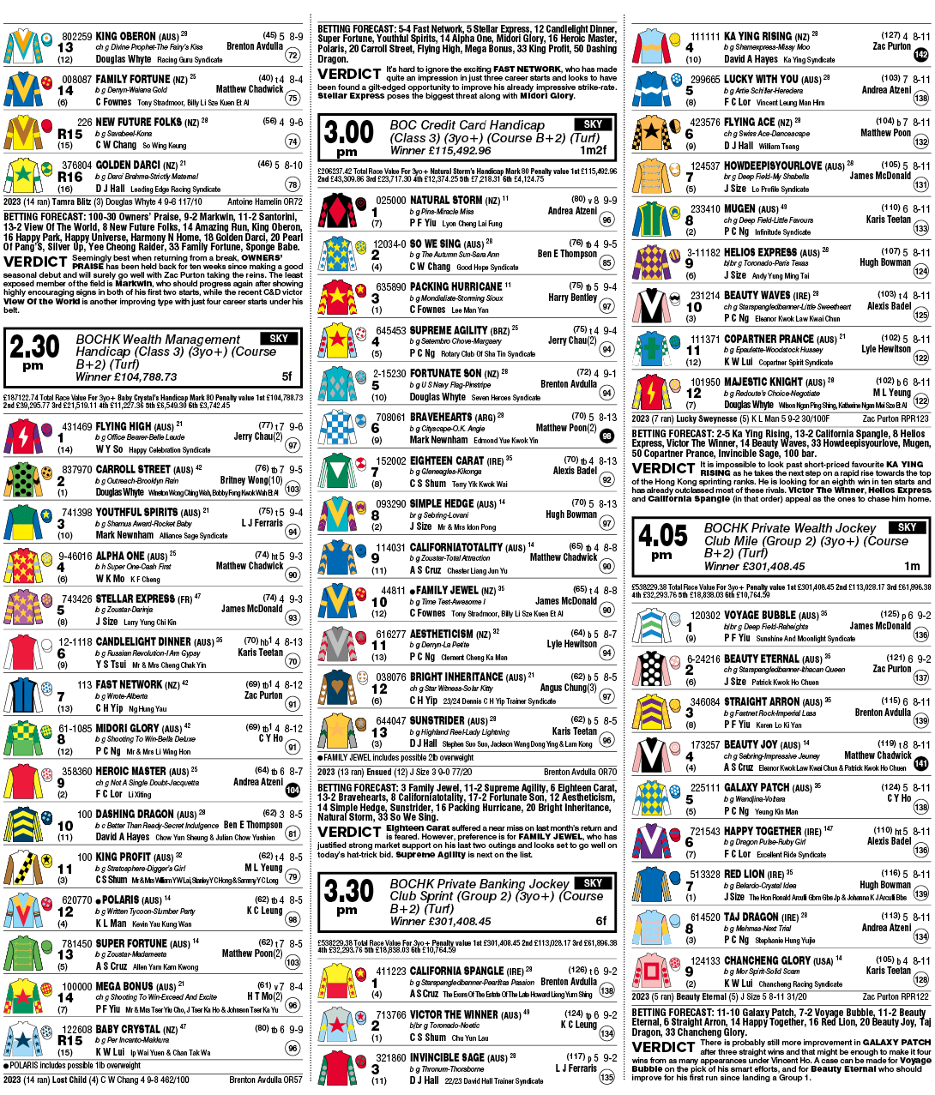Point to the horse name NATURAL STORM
point(445,200)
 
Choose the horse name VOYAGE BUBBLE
point(759,615)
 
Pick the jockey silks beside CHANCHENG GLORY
point(653,972)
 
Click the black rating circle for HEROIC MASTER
point(293,789)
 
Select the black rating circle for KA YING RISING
point(921,54)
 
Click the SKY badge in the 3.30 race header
point(593,883)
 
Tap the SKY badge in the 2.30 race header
point(279,339)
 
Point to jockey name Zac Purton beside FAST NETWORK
point(263,695)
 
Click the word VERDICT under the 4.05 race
point(663,1047)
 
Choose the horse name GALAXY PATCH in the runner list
point(757,787)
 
